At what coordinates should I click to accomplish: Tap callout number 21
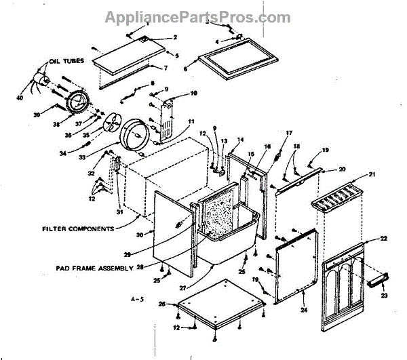pyautogui.click(x=372, y=174)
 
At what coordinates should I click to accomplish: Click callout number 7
pyautogui.click(x=165, y=68)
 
